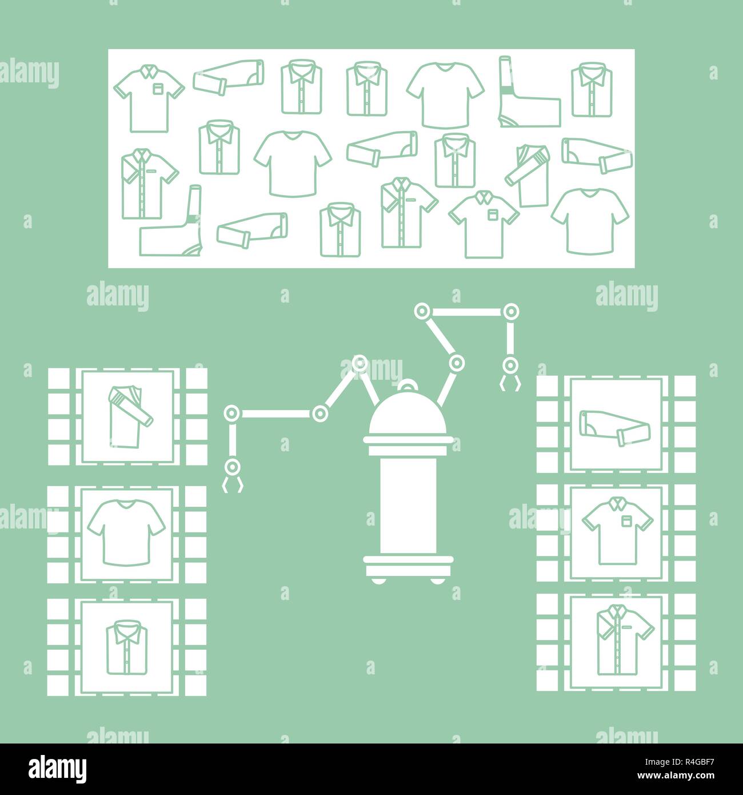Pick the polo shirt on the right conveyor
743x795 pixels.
pyautogui.click(x=617, y=530)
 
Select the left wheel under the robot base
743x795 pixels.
pyautogui.click(x=378, y=580)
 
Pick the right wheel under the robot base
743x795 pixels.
pyautogui.click(x=437, y=580)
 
